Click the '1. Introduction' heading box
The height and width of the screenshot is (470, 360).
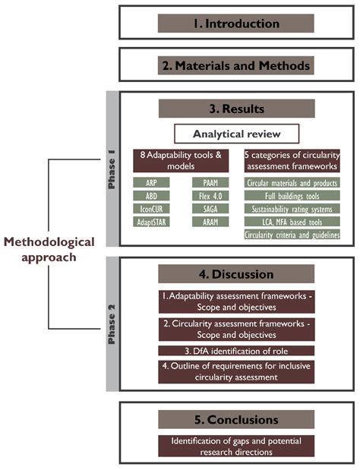[235, 23]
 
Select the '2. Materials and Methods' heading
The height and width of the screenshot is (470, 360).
[235, 66]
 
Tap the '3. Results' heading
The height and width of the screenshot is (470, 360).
[235, 109]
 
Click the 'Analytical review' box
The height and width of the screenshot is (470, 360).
[235, 134]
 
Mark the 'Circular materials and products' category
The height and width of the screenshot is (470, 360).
[292, 183]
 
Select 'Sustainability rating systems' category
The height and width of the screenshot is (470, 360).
[292, 209]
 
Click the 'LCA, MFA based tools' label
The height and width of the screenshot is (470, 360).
[292, 222]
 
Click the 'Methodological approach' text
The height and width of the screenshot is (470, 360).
[49, 249]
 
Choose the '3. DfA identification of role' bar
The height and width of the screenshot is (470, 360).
[235, 350]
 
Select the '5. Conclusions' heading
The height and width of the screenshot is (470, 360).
[235, 419]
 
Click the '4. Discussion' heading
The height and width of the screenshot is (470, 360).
[235, 273]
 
